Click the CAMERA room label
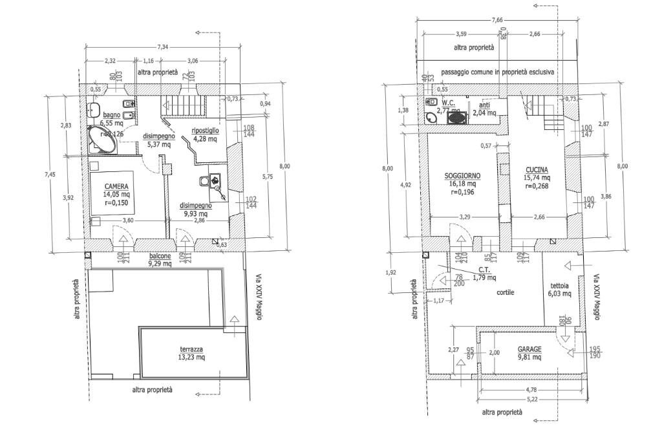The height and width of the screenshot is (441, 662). (117, 187)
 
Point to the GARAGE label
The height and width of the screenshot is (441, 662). (529, 349)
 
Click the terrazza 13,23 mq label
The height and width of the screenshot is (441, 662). (191, 352)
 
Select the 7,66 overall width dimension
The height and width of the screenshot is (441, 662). (496, 20)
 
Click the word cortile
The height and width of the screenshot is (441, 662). (505, 292)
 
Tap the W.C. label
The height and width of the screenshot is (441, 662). (449, 103)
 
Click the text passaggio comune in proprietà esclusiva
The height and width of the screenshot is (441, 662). (497, 72)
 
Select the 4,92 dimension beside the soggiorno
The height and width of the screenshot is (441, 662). (406, 185)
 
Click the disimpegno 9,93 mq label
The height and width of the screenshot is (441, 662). (194, 210)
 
